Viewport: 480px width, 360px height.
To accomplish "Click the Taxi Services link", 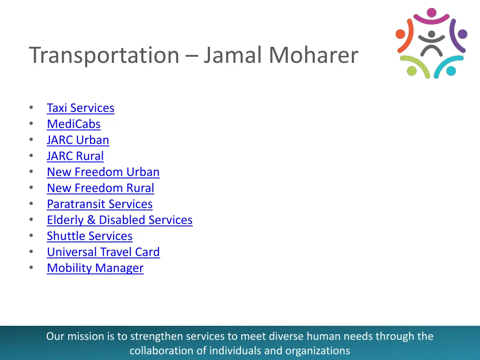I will point(80,108).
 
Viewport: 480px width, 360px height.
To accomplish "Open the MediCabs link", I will point(74,124).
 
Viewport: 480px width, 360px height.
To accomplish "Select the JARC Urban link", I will point(78,140).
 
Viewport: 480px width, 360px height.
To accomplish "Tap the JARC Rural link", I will point(75,156).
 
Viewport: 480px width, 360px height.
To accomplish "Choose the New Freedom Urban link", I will point(103,172).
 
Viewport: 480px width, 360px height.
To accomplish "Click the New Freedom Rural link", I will point(100,188).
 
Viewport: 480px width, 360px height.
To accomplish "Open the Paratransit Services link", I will point(99,204).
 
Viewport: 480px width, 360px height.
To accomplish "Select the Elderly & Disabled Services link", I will point(120,220).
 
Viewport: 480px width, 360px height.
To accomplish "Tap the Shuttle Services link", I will point(90,236).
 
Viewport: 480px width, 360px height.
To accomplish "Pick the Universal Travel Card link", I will point(103,252).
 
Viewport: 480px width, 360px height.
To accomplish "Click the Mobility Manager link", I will point(95,268).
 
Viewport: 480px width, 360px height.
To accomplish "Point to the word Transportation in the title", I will point(104,56).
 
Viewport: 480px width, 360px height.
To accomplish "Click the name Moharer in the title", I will point(313,55).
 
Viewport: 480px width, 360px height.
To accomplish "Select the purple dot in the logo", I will point(462,34).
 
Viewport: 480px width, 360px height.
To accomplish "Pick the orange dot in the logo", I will point(400,34).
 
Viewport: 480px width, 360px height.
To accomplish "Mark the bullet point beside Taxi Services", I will point(31,108).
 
